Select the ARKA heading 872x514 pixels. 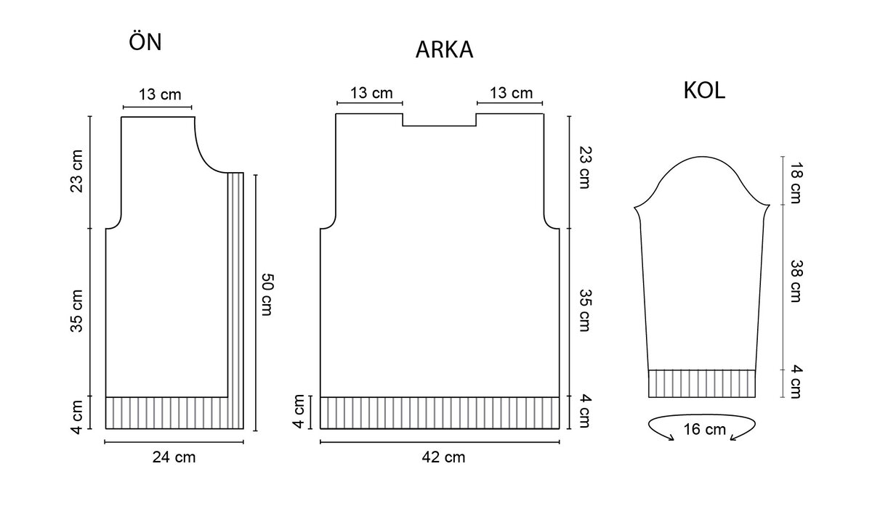tap(444, 50)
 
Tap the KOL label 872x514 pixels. tap(704, 91)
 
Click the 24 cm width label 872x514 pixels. tap(174, 457)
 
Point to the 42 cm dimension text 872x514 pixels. tap(443, 457)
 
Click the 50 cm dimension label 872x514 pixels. tap(268, 295)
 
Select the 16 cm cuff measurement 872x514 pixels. tap(705, 430)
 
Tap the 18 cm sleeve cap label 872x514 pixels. tap(796, 182)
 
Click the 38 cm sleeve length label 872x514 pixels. tap(796, 281)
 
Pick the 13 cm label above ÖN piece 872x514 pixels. tap(160, 94)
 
